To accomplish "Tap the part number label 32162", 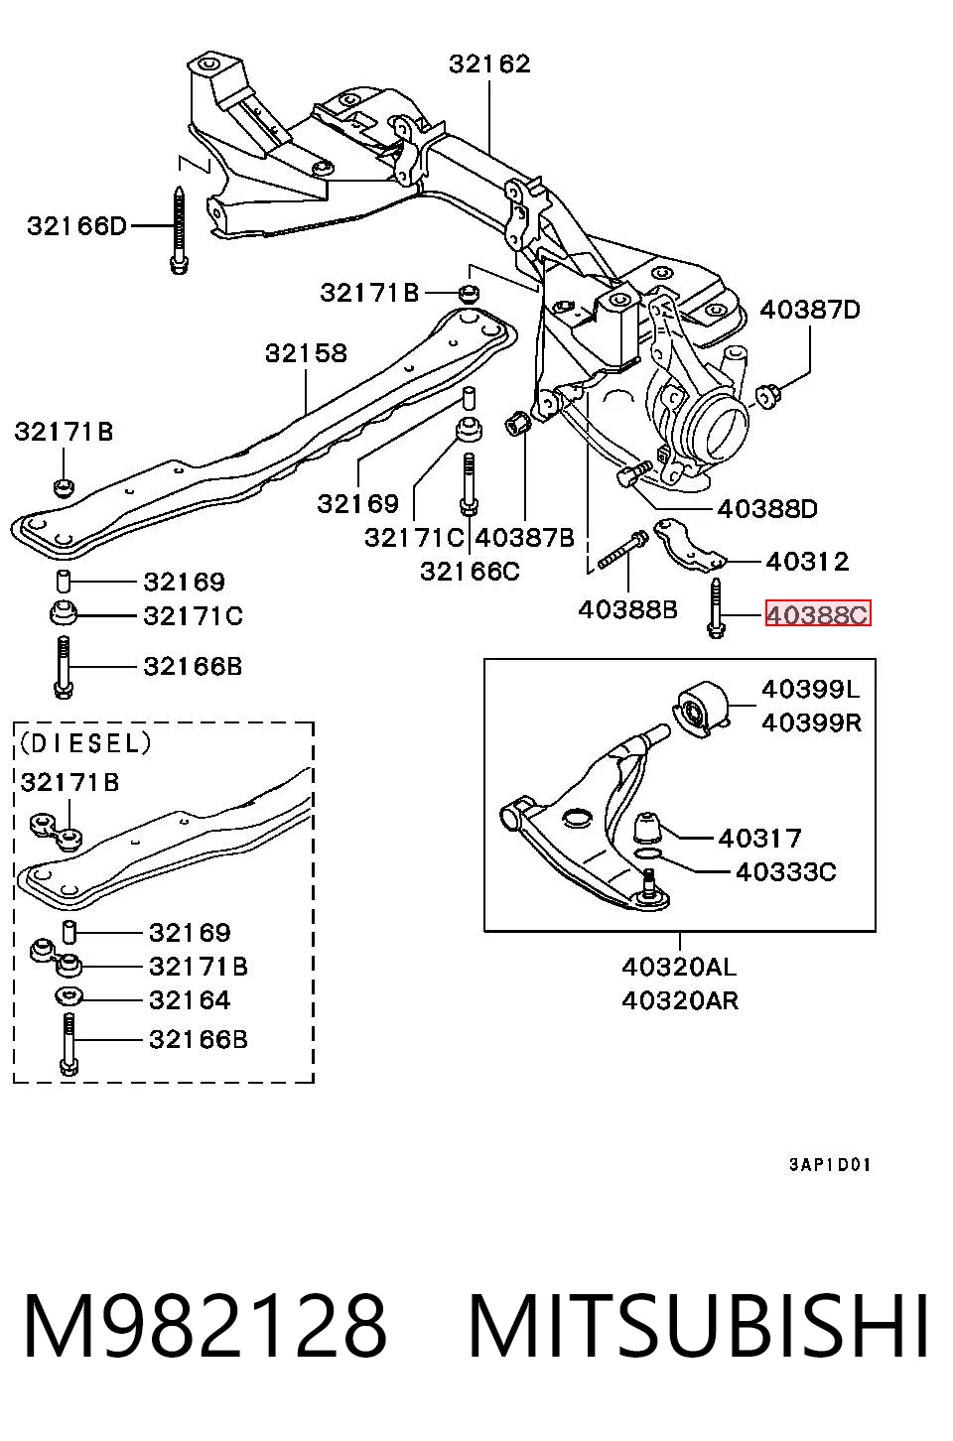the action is click(x=489, y=64).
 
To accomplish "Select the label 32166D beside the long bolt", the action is click(x=76, y=226).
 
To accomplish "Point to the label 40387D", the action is click(x=809, y=310).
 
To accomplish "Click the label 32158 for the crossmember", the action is click(x=307, y=352).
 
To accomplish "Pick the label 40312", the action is click(x=807, y=562).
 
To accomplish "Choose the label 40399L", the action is click(x=810, y=690).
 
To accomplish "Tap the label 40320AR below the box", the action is click(x=680, y=1001).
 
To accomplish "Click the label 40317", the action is click(x=759, y=839).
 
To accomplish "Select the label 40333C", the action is click(x=785, y=872).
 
